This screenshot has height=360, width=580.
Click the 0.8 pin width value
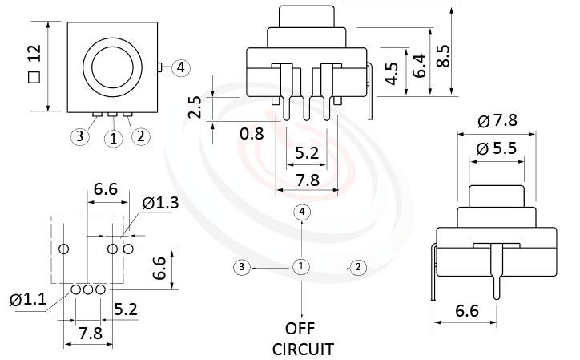(x=252, y=134)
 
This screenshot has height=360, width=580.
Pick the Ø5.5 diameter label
(x=497, y=148)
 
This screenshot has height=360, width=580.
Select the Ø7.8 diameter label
(x=497, y=121)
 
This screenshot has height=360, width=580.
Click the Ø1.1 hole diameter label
(x=28, y=301)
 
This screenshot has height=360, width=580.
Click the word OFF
(x=301, y=329)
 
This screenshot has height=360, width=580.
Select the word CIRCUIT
(x=302, y=350)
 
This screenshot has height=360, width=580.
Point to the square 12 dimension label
(x=34, y=64)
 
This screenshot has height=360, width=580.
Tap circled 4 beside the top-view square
(x=181, y=67)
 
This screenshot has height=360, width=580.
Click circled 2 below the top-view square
(x=140, y=136)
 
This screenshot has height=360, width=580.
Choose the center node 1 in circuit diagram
(x=301, y=266)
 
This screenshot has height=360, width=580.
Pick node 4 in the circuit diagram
(x=301, y=212)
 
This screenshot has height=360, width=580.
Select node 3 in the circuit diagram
(x=241, y=266)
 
